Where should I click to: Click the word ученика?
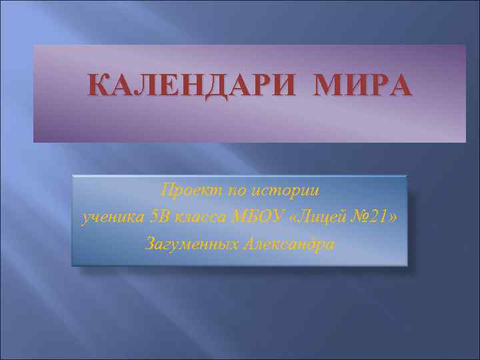(109, 217)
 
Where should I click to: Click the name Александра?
(289, 243)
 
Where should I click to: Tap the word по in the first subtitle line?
(235, 191)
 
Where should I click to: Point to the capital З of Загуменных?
(149, 243)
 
